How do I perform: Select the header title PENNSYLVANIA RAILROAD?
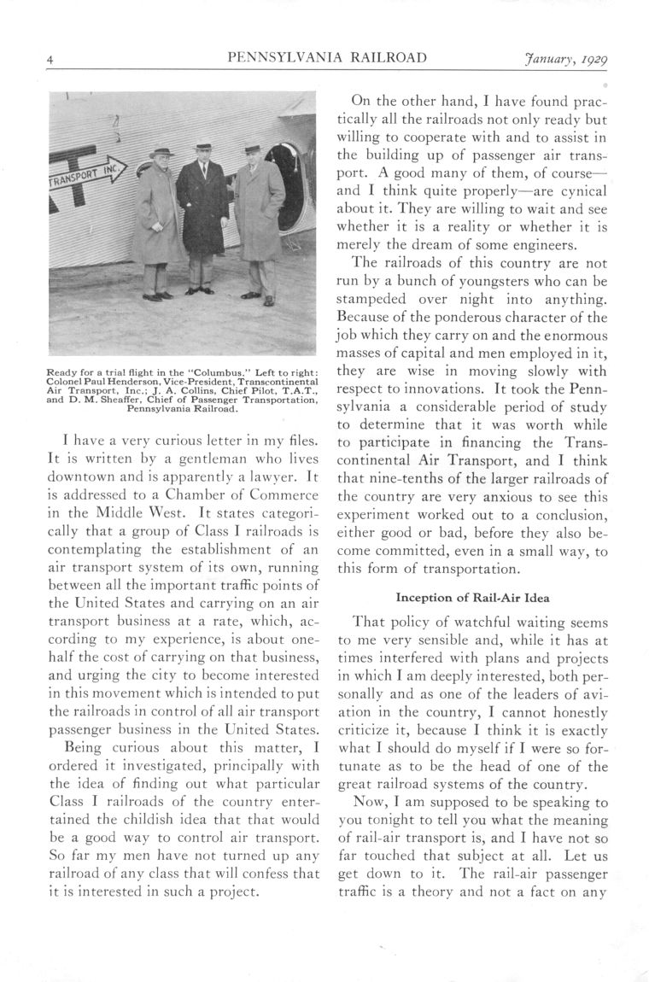[328, 58]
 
